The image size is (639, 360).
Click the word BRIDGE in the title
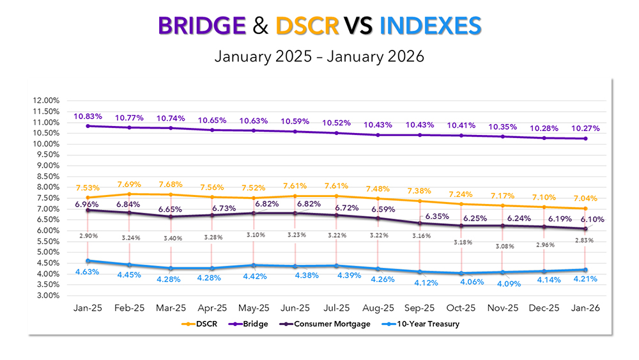[x=201, y=26]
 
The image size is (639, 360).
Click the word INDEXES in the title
[x=430, y=26]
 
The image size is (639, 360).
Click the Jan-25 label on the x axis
[x=88, y=308]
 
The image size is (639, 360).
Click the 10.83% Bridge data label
[x=88, y=116]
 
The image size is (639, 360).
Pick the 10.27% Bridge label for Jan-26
[x=586, y=127]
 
